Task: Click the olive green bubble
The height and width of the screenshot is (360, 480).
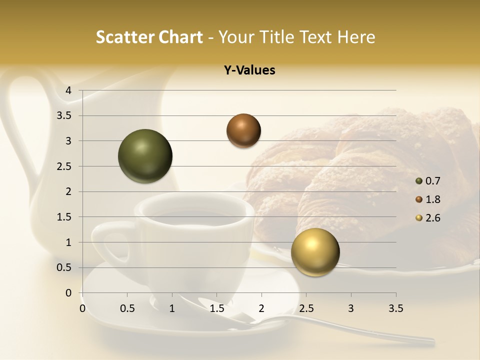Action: [145, 156]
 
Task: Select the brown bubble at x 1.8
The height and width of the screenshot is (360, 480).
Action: [243, 130]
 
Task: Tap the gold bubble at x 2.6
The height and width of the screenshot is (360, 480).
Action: [315, 252]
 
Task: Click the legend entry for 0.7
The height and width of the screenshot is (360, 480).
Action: [427, 181]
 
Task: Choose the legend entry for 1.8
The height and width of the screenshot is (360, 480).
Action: [427, 199]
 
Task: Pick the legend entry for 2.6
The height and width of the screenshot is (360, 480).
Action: [427, 218]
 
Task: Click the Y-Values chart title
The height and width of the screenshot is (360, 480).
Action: [249, 70]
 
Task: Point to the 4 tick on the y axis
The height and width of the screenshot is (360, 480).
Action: [68, 90]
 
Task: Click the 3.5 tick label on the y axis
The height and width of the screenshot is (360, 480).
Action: [64, 116]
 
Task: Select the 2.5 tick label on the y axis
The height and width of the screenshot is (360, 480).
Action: [64, 166]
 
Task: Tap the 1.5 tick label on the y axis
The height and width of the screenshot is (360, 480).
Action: [64, 217]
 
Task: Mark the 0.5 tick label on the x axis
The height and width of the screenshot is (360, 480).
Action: [127, 308]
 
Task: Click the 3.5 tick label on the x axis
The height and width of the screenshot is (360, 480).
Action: [395, 308]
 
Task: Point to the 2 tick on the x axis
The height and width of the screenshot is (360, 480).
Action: [261, 308]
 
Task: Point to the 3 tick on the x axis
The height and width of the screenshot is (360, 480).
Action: [351, 308]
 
